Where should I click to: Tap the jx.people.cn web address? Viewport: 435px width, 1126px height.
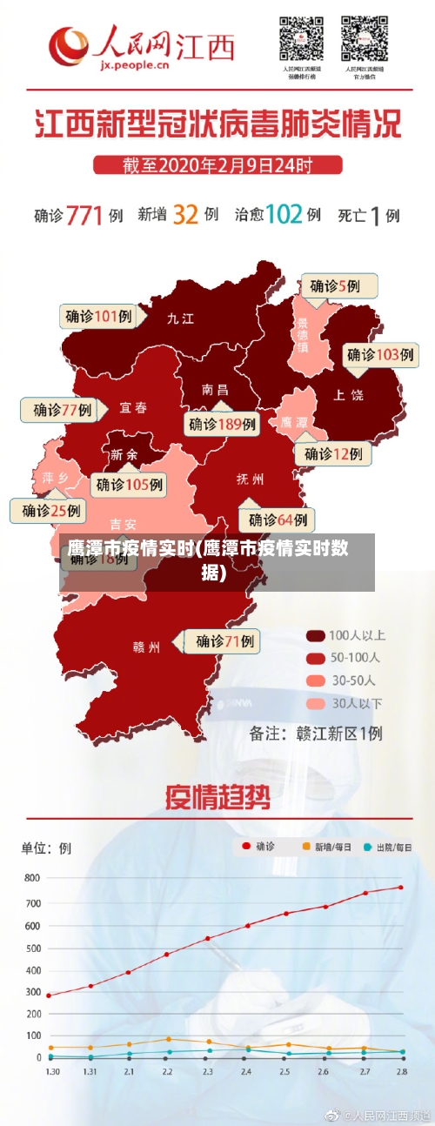tap(134, 64)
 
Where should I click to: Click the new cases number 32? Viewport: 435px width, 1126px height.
tap(185, 214)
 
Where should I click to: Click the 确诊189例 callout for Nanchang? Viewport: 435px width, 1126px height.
tap(223, 424)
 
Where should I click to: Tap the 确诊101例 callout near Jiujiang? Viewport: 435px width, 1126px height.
tap(98, 316)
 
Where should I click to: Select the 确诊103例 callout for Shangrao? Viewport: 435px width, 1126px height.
tap(380, 355)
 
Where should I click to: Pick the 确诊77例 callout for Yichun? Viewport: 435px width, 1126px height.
tap(62, 410)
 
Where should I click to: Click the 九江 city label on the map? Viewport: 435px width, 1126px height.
tap(180, 318)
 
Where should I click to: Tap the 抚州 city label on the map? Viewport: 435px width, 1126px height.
tap(251, 479)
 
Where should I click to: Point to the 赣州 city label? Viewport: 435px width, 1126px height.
tap(146, 647)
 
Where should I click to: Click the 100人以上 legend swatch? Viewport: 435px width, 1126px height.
tap(316, 635)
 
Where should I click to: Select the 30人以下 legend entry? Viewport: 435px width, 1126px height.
tap(344, 702)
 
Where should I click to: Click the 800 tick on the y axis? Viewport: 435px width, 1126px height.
tap(31, 878)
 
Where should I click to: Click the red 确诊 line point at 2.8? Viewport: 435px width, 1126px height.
tap(400, 888)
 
